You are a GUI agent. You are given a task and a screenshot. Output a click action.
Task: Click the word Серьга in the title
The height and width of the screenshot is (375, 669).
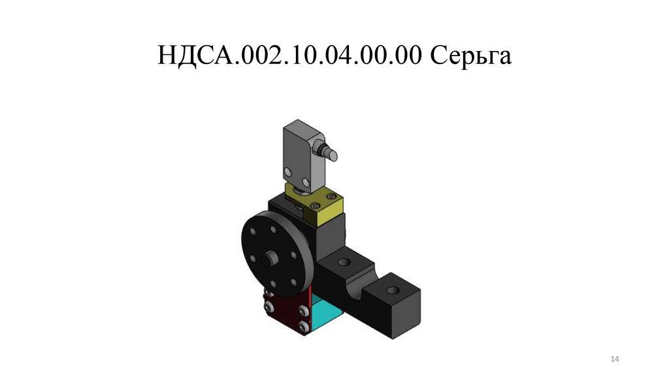point(470,56)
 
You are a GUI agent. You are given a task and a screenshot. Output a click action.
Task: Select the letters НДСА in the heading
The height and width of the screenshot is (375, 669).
point(196,56)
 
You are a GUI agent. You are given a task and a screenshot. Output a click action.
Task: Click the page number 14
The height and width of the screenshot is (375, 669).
point(614,359)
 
